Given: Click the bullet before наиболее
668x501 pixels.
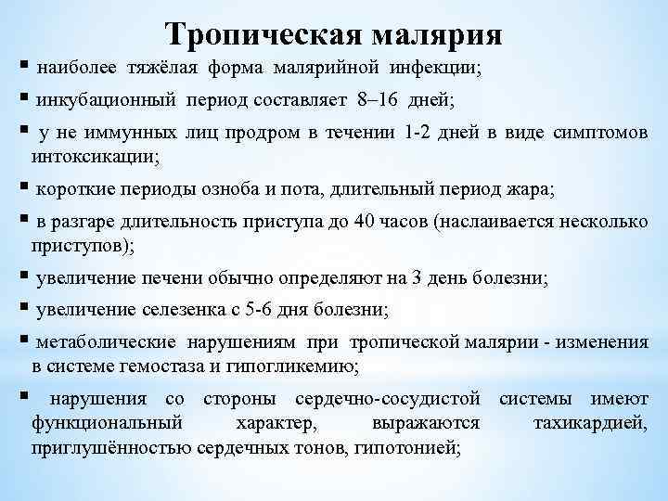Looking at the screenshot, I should pos(20,68).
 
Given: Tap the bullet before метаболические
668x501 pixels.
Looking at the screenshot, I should pos(20,341).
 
